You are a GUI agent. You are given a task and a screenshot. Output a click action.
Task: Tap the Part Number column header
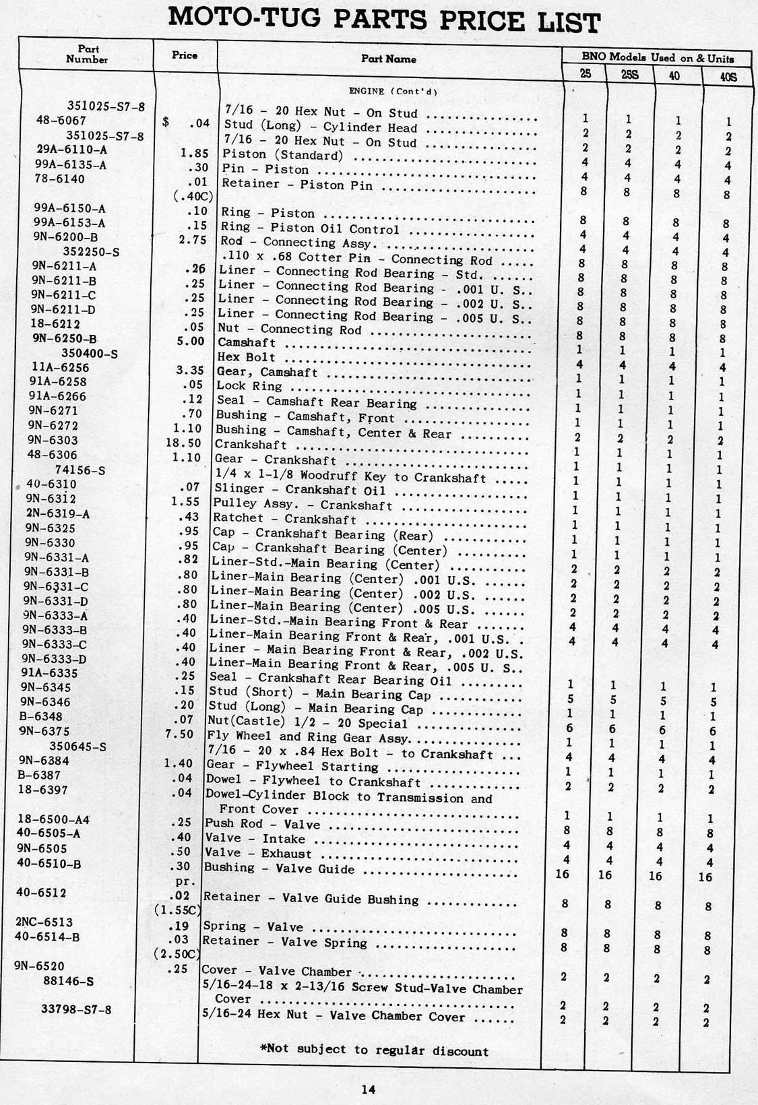88,54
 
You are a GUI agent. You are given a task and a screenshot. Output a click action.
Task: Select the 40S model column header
728,76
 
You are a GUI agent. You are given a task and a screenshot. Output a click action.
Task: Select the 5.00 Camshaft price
189,341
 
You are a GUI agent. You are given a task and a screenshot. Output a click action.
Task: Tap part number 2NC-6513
44,922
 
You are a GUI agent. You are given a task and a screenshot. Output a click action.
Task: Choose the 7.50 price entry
180,734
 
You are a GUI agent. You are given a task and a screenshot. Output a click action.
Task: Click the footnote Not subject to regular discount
374,1049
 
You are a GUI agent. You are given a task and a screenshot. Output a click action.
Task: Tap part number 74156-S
80,470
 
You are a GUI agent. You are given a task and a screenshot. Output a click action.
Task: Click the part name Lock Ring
249,386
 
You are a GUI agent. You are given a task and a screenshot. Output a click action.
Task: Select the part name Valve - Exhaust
258,853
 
